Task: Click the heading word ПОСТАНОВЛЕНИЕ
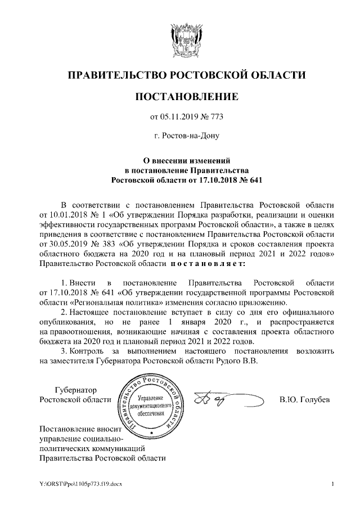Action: tap(187, 97)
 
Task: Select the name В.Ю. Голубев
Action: tap(304, 400)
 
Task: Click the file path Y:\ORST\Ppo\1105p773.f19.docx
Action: tap(74, 484)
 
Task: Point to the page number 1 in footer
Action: tap(333, 484)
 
